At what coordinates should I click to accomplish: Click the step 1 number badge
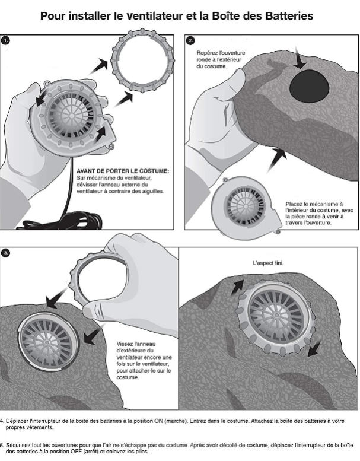(x=7, y=41)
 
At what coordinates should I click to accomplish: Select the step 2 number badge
(x=190, y=41)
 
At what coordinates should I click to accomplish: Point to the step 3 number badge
(x=7, y=253)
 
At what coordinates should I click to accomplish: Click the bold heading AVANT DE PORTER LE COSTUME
(x=123, y=171)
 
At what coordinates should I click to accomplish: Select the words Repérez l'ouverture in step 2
(x=219, y=53)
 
